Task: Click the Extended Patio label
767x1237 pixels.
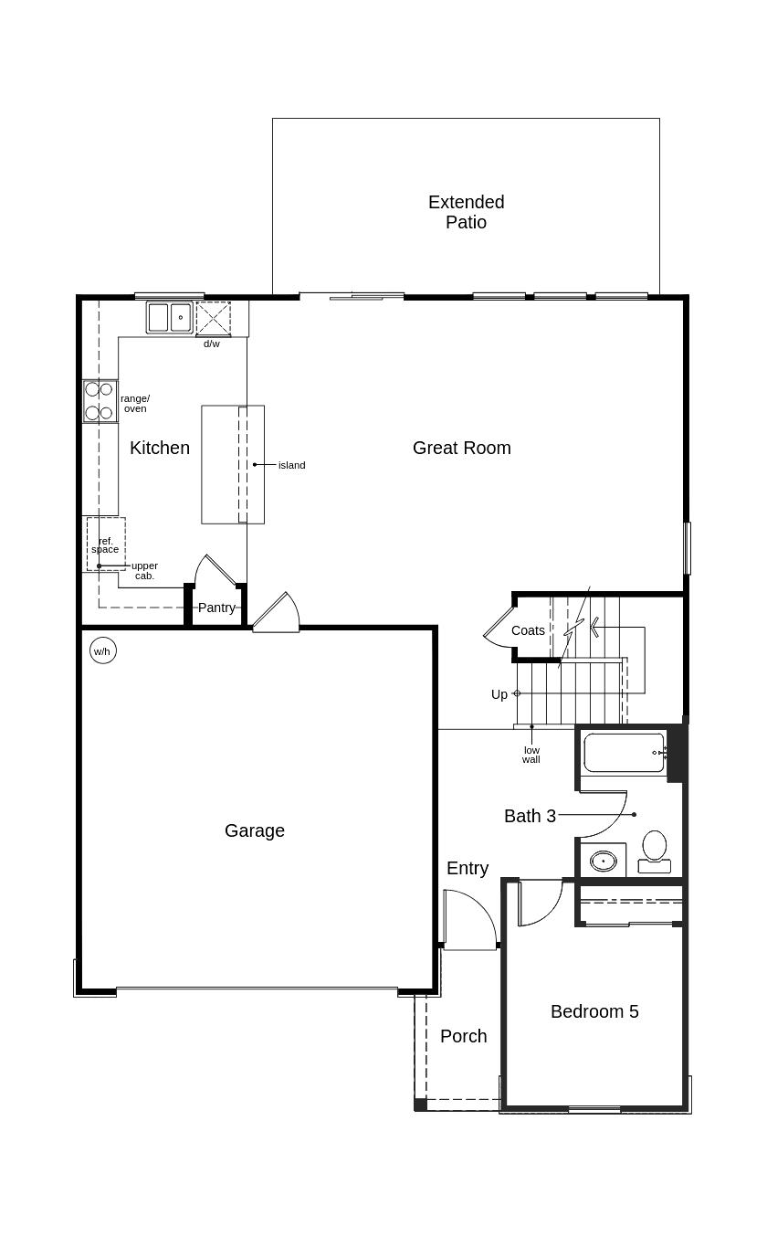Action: point(466,212)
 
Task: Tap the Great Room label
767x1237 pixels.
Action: point(461,448)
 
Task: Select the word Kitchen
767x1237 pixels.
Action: point(160,448)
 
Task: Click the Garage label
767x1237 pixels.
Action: point(255,830)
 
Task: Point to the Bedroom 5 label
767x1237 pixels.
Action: point(594,1011)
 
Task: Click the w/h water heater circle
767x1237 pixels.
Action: point(102,650)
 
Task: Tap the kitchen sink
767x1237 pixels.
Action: point(169,318)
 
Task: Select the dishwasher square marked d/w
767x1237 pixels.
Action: point(213,319)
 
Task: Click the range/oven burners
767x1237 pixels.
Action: point(99,401)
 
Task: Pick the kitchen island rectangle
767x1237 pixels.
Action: point(232,464)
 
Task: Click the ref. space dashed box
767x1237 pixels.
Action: point(105,544)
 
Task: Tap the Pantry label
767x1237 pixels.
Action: point(216,608)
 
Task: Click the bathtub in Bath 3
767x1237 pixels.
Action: point(624,753)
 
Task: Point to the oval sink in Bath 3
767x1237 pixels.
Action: point(603,861)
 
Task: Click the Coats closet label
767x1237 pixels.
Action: point(528,630)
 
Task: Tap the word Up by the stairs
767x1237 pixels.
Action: point(499,694)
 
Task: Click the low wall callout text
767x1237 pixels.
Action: point(531,755)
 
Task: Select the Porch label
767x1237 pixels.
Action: point(463,1036)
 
